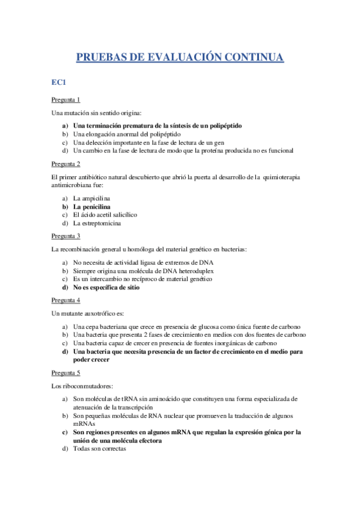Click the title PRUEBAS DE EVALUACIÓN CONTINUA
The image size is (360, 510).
coord(180,58)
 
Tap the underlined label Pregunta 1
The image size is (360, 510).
coord(66,100)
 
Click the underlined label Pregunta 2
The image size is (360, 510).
coord(66,164)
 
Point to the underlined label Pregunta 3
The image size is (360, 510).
coord(66,236)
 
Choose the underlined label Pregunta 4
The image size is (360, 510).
coord(66,300)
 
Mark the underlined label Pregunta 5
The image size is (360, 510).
coord(66,372)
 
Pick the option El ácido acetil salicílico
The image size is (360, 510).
coord(105,215)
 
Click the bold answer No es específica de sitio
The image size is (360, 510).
coord(106,287)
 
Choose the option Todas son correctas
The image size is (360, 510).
coord(99,448)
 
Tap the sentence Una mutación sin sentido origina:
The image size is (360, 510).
coord(88,113)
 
